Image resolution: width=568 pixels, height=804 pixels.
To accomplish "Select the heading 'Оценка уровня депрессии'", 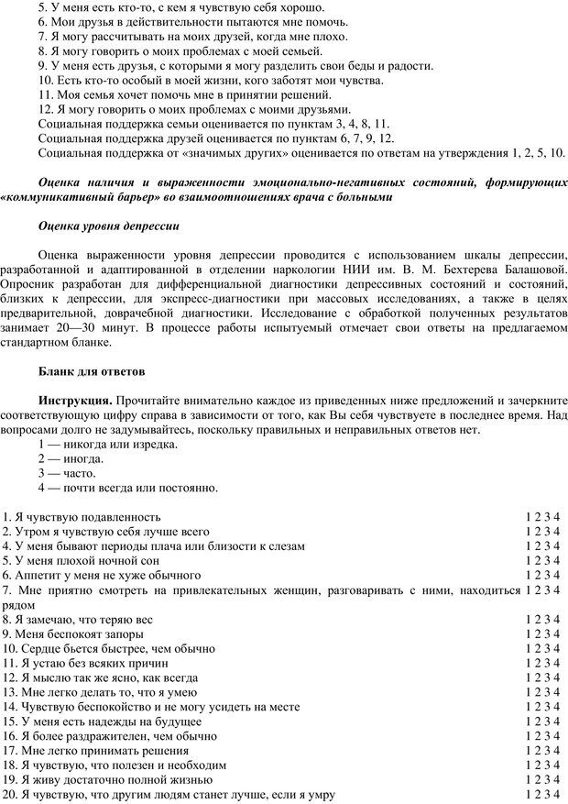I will tap(109, 225).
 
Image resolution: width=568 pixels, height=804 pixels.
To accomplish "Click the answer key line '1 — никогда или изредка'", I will tap(108, 444).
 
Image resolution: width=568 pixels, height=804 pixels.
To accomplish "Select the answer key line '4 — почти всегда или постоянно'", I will tap(128, 488).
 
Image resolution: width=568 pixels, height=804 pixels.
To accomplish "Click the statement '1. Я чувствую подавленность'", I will tap(82, 517).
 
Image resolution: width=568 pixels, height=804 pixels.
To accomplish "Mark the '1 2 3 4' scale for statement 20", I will tap(542, 796).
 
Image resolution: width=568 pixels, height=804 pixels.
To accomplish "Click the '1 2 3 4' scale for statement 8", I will tap(542, 620).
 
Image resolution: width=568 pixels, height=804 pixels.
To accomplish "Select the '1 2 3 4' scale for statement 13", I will tap(542, 693).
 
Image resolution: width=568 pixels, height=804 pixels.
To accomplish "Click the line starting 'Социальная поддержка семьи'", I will tap(215, 123).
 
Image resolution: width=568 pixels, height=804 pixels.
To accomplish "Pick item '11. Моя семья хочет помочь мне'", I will tap(184, 94).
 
